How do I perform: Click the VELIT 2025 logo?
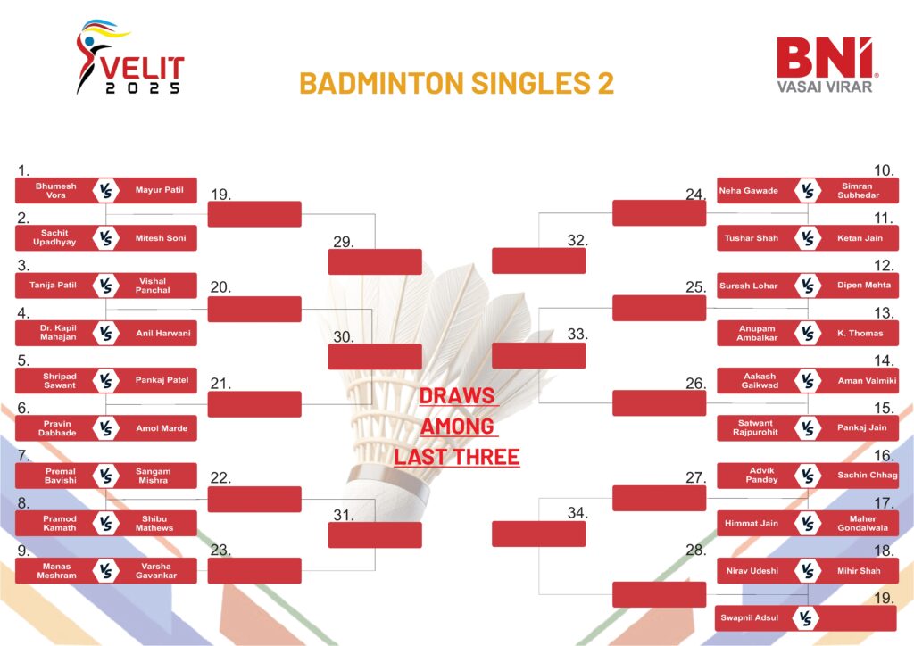pyautogui.click(x=130, y=57)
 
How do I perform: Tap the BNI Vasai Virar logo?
pyautogui.click(x=826, y=64)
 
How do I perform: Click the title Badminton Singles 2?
pyautogui.click(x=456, y=83)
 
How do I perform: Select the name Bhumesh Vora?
pyautogui.click(x=56, y=190)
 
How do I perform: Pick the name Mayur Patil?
pyautogui.click(x=159, y=190)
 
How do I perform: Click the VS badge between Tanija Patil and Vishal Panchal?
pyautogui.click(x=105, y=286)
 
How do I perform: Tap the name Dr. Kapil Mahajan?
pyautogui.click(x=58, y=333)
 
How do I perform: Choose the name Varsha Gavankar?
pyautogui.click(x=155, y=571)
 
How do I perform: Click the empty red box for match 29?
pyautogui.click(x=375, y=261)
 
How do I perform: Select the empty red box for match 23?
pyautogui.click(x=254, y=571)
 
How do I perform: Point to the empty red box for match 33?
pyautogui.click(x=538, y=355)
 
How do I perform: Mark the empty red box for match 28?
pyautogui.click(x=660, y=594)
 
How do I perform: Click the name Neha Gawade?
pyautogui.click(x=749, y=190)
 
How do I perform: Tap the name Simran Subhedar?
pyautogui.click(x=858, y=190)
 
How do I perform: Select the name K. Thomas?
pyautogui.click(x=860, y=333)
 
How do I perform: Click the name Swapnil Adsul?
pyautogui.click(x=749, y=618)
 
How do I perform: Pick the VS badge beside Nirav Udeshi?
pyautogui.click(x=807, y=571)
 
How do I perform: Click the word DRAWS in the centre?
pyautogui.click(x=457, y=396)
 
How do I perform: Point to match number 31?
pyautogui.click(x=344, y=515)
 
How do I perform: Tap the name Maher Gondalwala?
pyautogui.click(x=863, y=523)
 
